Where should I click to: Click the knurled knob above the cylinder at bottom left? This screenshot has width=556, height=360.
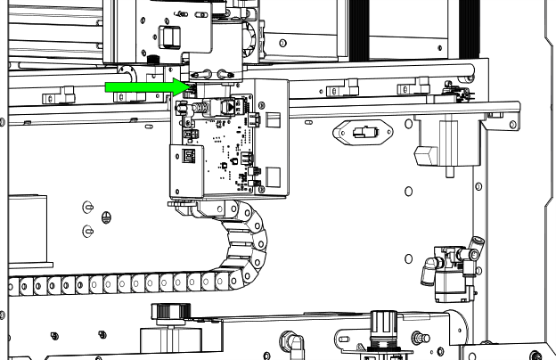tap(167, 313)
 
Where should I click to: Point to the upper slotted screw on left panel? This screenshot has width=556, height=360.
tap(87, 207)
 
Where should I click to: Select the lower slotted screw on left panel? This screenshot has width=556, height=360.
tap(87, 232)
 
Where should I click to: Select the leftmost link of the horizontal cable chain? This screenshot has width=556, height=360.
tap(10, 287)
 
